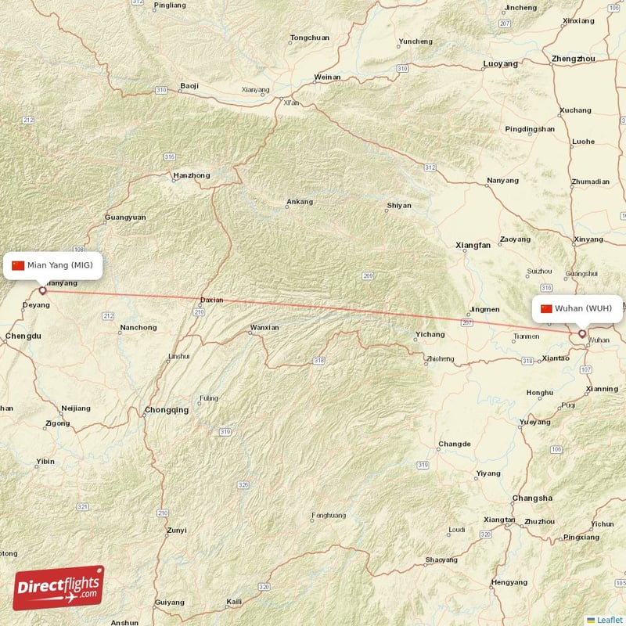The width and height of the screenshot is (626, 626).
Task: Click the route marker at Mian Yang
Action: coord(43,290)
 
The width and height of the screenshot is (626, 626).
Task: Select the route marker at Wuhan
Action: coord(582,334)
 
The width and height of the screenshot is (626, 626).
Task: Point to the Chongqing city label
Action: coord(167,410)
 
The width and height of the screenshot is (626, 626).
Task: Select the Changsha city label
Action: coord(532,498)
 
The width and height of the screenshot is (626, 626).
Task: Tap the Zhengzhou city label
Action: coord(575,59)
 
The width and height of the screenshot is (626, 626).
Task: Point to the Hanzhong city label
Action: coord(192,176)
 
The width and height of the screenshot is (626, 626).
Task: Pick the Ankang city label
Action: coord(300,202)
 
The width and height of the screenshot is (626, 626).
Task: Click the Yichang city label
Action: coord(430,334)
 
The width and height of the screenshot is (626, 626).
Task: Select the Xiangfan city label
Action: coord(473,245)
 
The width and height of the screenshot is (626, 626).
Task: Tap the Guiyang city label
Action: coord(170,603)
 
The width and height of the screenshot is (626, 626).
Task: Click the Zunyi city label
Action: coord(177,531)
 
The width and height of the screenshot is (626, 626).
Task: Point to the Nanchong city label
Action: coord(139,327)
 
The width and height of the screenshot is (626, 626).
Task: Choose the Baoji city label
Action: coord(189,85)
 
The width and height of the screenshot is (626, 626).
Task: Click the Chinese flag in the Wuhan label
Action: coord(546,308)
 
